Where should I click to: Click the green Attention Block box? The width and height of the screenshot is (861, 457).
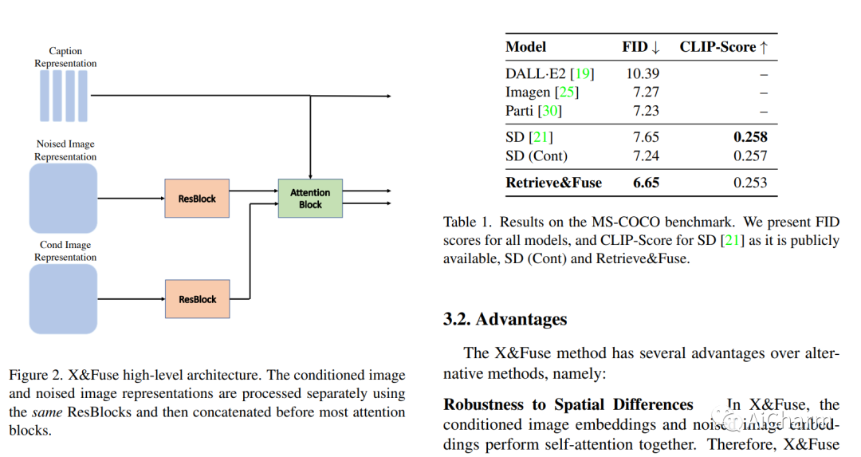pyautogui.click(x=310, y=199)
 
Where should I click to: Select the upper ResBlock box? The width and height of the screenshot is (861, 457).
pyautogui.click(x=197, y=199)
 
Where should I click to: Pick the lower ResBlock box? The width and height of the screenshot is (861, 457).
pyautogui.click(x=197, y=299)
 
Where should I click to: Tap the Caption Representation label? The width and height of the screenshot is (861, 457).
pyautogui.click(x=65, y=57)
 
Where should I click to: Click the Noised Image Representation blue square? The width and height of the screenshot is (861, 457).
pyautogui.click(x=63, y=198)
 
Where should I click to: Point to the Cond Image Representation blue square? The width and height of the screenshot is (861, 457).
pyautogui.click(x=63, y=298)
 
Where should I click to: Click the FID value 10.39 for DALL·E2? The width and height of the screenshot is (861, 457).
pyautogui.click(x=642, y=73)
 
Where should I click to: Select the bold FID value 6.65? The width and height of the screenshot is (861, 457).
pyautogui.click(x=646, y=183)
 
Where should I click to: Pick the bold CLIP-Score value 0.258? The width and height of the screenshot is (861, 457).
pyautogui.click(x=749, y=137)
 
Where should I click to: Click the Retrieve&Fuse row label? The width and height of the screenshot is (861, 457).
pyautogui.click(x=553, y=183)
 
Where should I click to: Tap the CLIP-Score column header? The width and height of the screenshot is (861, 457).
pyautogui.click(x=723, y=47)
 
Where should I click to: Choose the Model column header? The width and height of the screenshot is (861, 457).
pyautogui.click(x=526, y=47)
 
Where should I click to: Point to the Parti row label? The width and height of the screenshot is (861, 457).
pyautogui.click(x=520, y=111)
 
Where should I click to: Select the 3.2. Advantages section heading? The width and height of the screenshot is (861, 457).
pyautogui.click(x=505, y=319)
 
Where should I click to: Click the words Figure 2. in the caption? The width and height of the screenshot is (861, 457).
pyautogui.click(x=32, y=375)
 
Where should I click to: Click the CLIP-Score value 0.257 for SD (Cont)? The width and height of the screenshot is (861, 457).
pyautogui.click(x=750, y=156)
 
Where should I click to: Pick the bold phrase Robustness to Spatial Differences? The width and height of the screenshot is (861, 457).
pyautogui.click(x=568, y=404)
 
